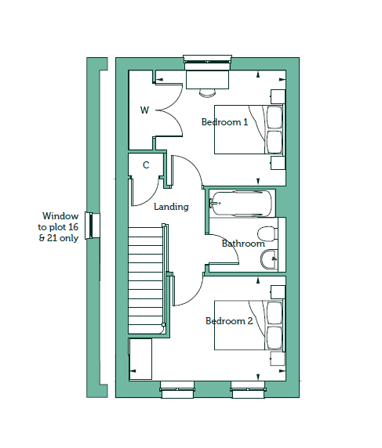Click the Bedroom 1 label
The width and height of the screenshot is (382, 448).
[224, 122]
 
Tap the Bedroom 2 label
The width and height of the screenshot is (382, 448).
[229, 321]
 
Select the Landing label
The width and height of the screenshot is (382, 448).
[171, 207]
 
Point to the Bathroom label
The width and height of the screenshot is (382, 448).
[243, 244]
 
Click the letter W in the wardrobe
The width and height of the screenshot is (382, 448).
[145, 110]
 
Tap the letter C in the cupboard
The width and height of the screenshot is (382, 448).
[146, 165]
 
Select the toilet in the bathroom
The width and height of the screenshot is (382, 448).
[267, 234]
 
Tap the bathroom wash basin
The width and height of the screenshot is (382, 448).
[269, 259]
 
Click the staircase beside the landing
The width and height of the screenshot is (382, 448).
[146, 280]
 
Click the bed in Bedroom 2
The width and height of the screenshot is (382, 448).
[249, 325]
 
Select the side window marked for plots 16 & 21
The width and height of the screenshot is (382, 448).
[93, 226]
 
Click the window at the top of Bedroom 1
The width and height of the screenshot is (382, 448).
[207, 63]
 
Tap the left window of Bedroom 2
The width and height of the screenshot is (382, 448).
[177, 389]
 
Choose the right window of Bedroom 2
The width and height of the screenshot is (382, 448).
[248, 389]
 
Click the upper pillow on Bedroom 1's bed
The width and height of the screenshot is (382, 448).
[275, 117]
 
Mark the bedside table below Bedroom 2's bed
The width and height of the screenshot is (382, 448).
[278, 359]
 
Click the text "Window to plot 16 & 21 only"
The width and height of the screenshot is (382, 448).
[58, 227]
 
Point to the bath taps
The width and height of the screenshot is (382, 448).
[215, 204]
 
